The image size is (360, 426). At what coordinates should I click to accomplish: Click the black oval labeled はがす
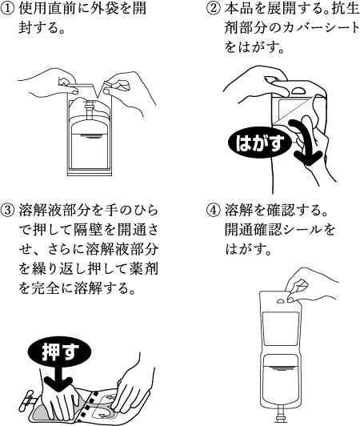[260, 143]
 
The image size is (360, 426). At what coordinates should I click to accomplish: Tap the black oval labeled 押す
[60, 352]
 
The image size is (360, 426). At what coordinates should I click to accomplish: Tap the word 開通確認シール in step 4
[274, 231]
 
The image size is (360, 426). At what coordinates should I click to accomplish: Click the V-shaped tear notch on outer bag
[100, 88]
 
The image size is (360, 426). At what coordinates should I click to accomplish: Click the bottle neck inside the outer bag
[89, 109]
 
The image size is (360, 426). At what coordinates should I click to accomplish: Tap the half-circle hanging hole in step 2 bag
[300, 90]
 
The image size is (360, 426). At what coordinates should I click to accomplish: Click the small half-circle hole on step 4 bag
[282, 301]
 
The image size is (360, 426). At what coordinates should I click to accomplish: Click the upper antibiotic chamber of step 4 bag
[282, 329]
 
